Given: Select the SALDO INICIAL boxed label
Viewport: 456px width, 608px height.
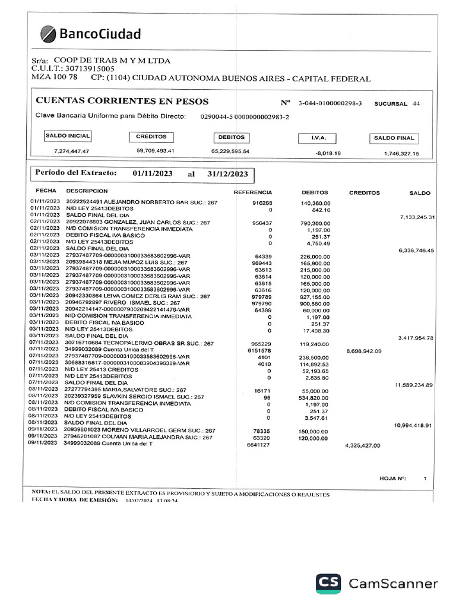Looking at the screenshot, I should coord(67,136).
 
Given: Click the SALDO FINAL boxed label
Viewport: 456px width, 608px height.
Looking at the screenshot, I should coord(394,138).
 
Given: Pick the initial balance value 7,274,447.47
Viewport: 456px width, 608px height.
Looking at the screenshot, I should coord(71,151).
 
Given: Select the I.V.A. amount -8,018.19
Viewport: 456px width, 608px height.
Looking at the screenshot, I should coord(328,153).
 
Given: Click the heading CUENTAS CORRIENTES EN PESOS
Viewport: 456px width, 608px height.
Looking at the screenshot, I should coord(122,102).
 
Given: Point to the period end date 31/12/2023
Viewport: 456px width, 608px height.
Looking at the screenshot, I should coord(227,175).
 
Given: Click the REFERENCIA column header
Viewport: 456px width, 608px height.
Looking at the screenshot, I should coord(253,192).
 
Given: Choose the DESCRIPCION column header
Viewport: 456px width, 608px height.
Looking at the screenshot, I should coord(87,191).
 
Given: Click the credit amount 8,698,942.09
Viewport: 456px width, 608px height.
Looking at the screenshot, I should coord(363,351).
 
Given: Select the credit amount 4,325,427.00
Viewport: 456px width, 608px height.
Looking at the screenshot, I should coord(362,445).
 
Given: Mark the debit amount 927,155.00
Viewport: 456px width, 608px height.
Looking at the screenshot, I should coord(315,296).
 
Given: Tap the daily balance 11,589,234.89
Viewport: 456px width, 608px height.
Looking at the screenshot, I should coord(414,385).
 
